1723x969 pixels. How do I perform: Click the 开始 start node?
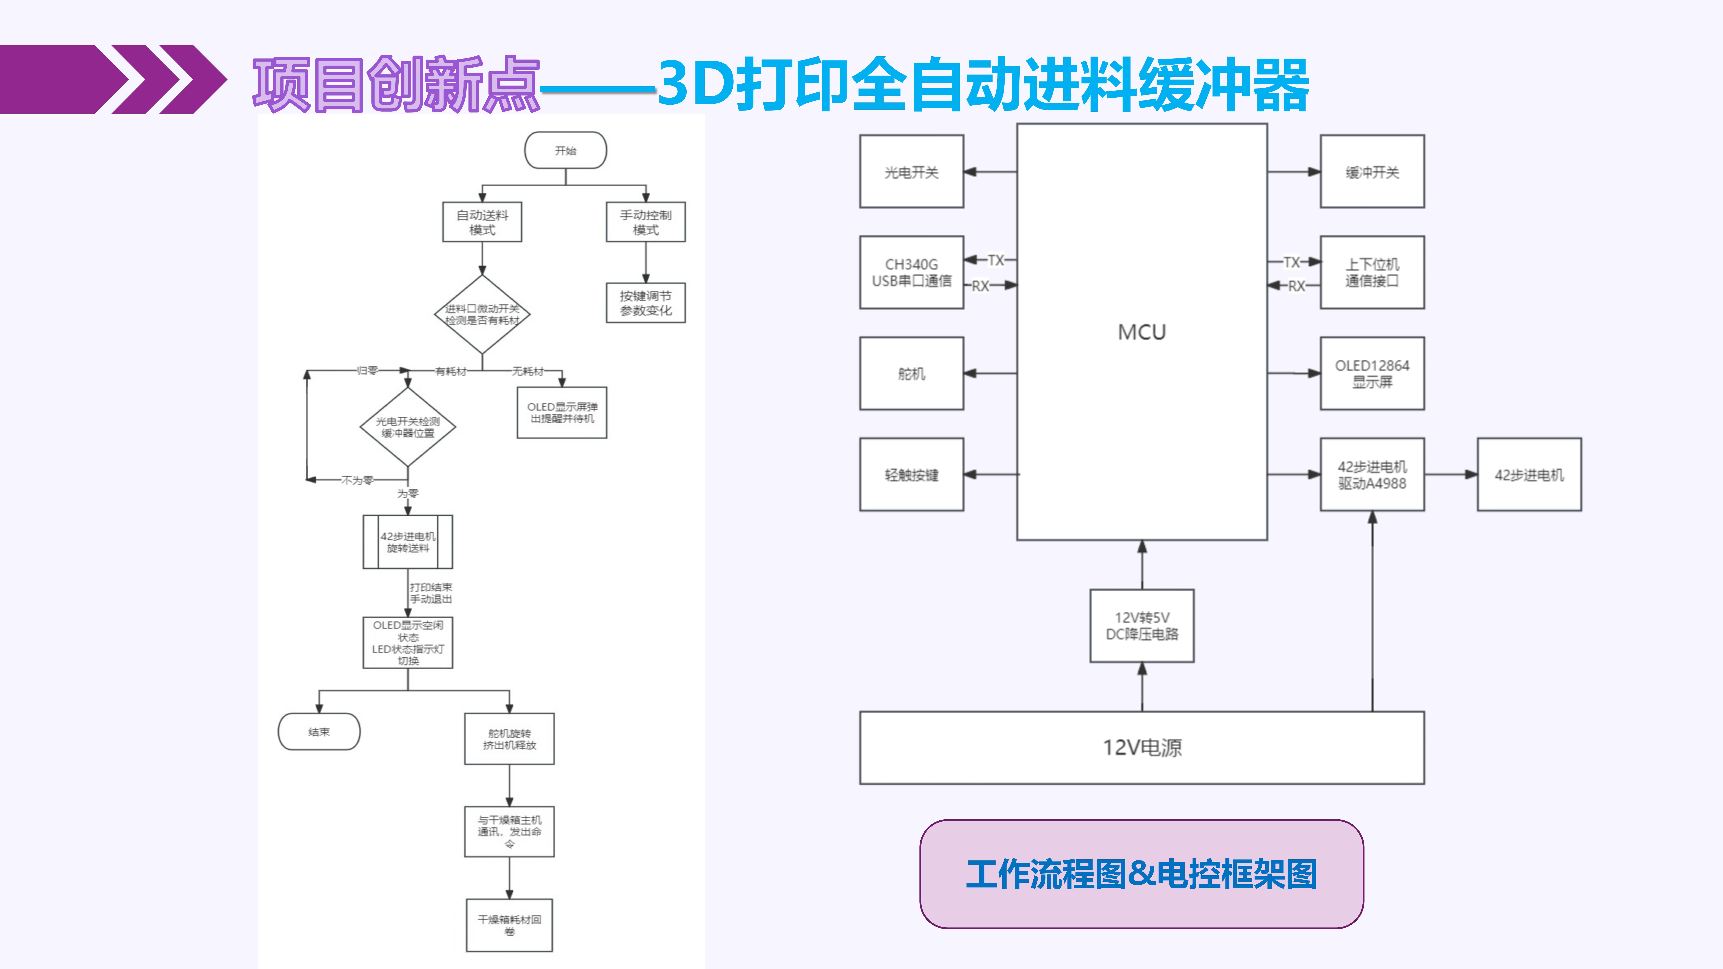(x=565, y=151)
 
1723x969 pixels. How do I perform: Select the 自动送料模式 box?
(x=482, y=222)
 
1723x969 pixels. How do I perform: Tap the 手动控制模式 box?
(x=645, y=222)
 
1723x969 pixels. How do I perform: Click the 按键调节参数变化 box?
(x=645, y=303)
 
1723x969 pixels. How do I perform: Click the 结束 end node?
(x=319, y=732)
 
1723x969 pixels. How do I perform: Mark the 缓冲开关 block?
(x=1372, y=172)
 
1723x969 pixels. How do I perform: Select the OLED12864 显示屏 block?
(x=1372, y=373)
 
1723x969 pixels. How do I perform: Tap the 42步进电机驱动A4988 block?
(x=1372, y=475)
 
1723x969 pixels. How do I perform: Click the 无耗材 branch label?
(x=528, y=371)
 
